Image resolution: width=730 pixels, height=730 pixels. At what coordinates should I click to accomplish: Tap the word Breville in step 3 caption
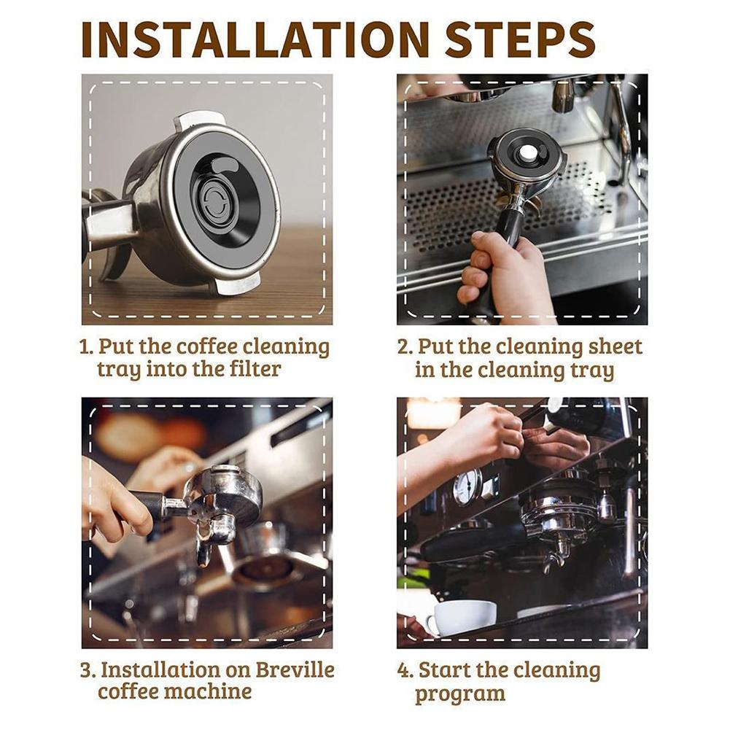point(292,669)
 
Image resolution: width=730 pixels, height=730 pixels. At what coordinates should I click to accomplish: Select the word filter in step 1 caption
point(245,369)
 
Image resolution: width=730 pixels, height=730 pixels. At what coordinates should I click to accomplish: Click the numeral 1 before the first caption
point(85,346)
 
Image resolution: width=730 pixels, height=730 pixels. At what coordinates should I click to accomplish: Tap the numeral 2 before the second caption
point(404,346)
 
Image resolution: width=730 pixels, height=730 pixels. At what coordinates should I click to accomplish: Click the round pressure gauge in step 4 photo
point(467,487)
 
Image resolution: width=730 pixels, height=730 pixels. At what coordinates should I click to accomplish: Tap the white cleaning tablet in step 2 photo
point(527,153)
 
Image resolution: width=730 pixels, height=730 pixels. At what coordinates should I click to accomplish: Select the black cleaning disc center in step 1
point(214,201)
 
